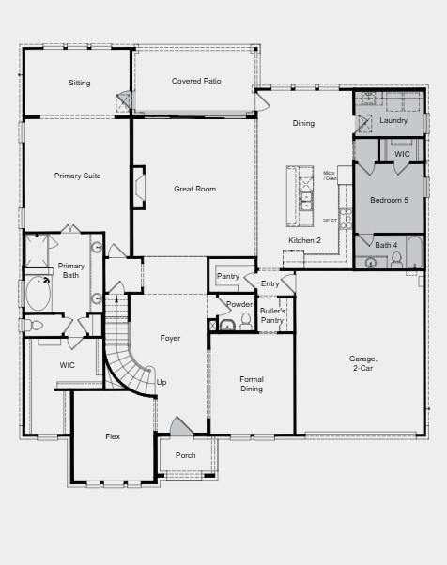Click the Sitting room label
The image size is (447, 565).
[80, 83]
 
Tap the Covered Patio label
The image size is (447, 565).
[196, 81]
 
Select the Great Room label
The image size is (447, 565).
[194, 189]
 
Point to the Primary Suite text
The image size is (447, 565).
[77, 176]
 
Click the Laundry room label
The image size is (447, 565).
[393, 120]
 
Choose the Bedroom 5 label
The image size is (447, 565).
[389, 200]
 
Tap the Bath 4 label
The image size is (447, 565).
[386, 245]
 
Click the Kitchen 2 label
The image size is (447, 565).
[304, 241]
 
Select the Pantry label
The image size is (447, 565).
[228, 276]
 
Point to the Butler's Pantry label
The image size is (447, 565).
[272, 315]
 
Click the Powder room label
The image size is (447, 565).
[239, 304]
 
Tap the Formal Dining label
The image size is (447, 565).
[251, 384]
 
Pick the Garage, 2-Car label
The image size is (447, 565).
[362, 363]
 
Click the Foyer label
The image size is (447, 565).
[170, 338]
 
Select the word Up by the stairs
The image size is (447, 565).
[162, 382]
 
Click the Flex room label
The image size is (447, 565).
[112, 436]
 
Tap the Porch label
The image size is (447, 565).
[186, 455]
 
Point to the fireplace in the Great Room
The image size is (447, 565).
[139, 187]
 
